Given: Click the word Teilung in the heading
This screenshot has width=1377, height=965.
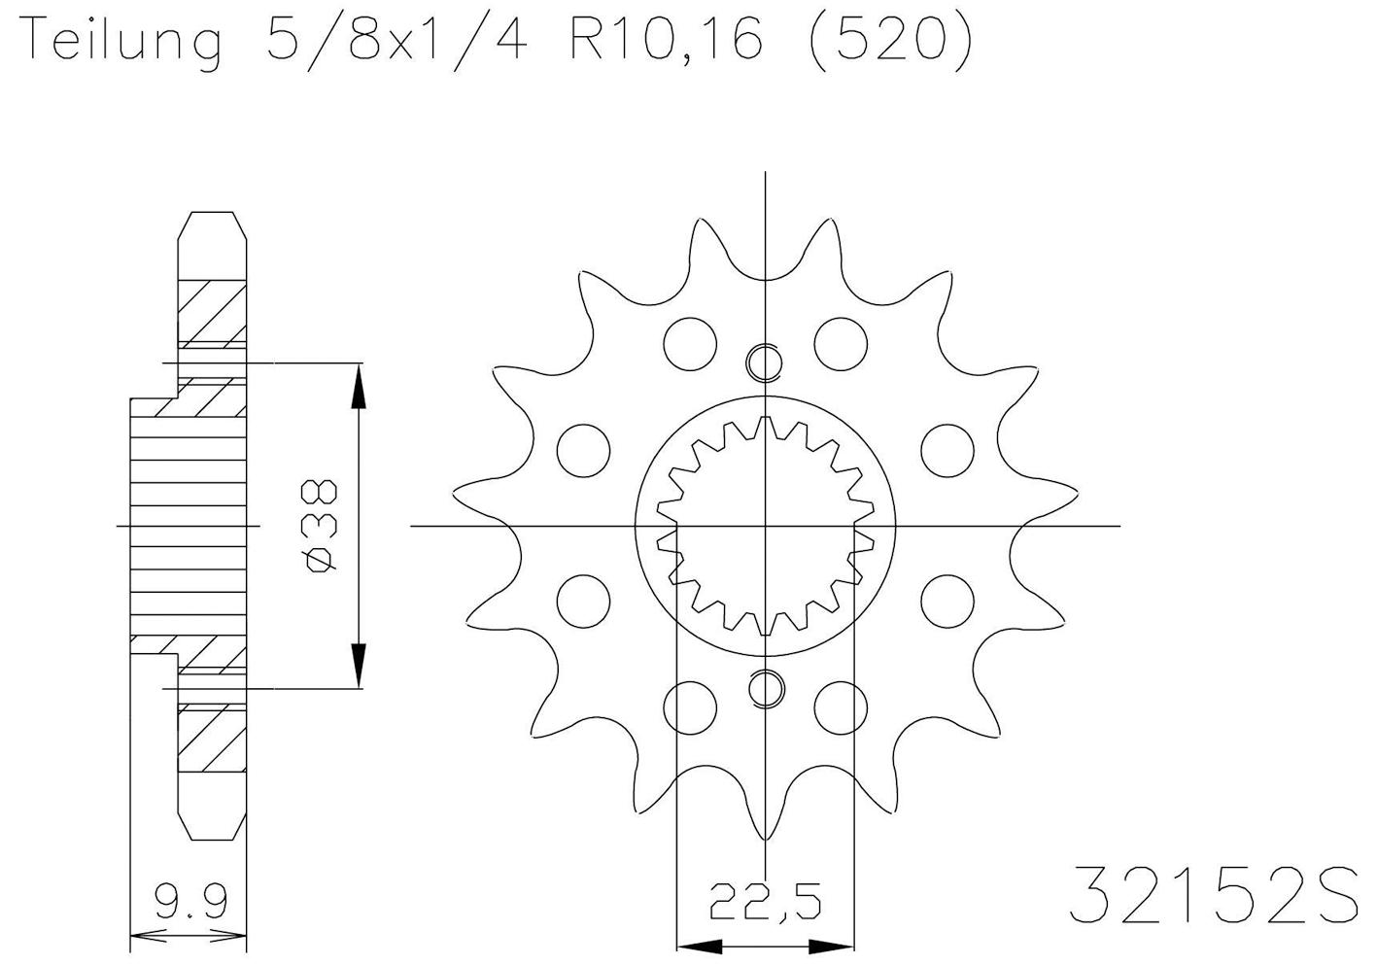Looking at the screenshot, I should point(120,44).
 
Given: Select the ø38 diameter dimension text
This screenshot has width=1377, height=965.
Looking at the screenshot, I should point(322,526).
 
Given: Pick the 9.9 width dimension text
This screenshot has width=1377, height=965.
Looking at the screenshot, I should point(190,903).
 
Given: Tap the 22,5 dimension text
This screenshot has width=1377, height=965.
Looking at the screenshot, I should point(765,903).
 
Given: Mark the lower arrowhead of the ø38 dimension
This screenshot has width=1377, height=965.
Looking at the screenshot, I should point(359,666).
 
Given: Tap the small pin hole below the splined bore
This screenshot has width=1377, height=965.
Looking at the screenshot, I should point(765,688).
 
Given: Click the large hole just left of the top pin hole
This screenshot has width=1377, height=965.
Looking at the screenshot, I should point(690,342).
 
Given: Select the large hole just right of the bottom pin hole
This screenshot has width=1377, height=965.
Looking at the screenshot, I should point(840,707).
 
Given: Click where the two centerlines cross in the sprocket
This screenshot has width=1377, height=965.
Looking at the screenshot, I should point(765,526).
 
